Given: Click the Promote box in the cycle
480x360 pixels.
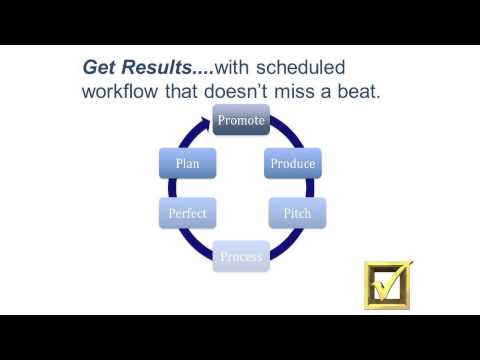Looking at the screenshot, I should click(241, 121).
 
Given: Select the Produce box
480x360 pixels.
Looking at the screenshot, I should click(293, 164).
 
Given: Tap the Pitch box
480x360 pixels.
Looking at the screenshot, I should click(297, 213).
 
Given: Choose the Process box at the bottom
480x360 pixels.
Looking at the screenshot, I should click(241, 256).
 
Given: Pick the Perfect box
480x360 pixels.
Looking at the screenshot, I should click(188, 213).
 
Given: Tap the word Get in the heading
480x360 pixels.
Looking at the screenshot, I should click(101, 68).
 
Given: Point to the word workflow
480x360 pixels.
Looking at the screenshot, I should click(121, 91).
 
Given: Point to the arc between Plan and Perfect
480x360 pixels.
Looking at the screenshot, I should click(176, 189).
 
